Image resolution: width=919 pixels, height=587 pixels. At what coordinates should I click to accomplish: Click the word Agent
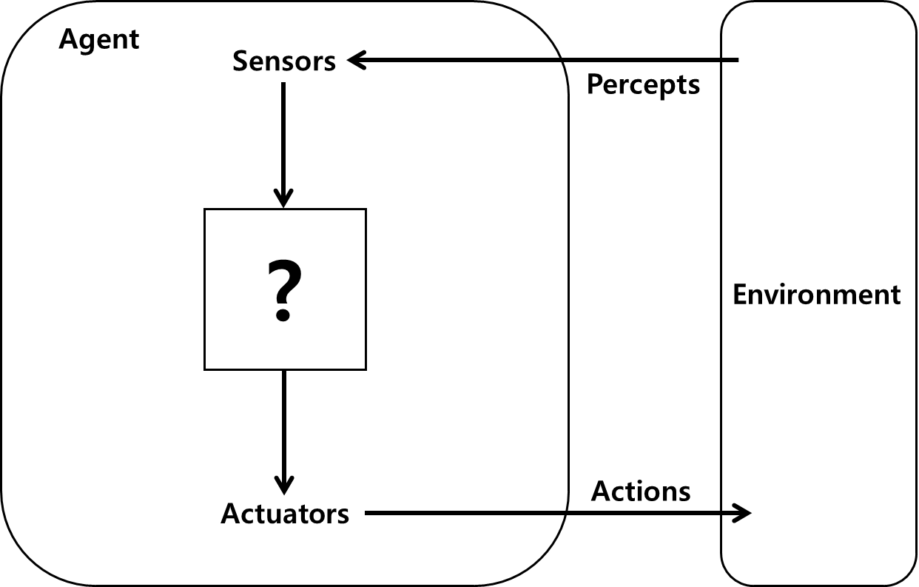[99, 39]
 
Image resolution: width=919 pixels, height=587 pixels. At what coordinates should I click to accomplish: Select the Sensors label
[284, 61]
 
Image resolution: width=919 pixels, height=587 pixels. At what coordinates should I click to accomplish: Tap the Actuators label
[285, 513]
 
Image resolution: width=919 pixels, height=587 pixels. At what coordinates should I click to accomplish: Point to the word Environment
[816, 295]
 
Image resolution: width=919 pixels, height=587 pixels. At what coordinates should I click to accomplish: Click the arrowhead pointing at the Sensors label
[357, 60]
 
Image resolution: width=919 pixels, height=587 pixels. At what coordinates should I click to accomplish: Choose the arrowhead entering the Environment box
[742, 512]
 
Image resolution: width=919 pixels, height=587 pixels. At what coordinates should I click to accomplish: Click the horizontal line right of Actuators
[466, 512]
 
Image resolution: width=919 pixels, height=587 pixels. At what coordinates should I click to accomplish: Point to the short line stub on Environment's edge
[730, 59]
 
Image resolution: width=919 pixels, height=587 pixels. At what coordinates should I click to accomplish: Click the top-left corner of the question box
[205, 210]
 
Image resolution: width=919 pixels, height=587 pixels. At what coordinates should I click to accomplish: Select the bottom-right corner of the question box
[366, 369]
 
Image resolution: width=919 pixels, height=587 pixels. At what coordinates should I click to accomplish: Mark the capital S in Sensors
[240, 61]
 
